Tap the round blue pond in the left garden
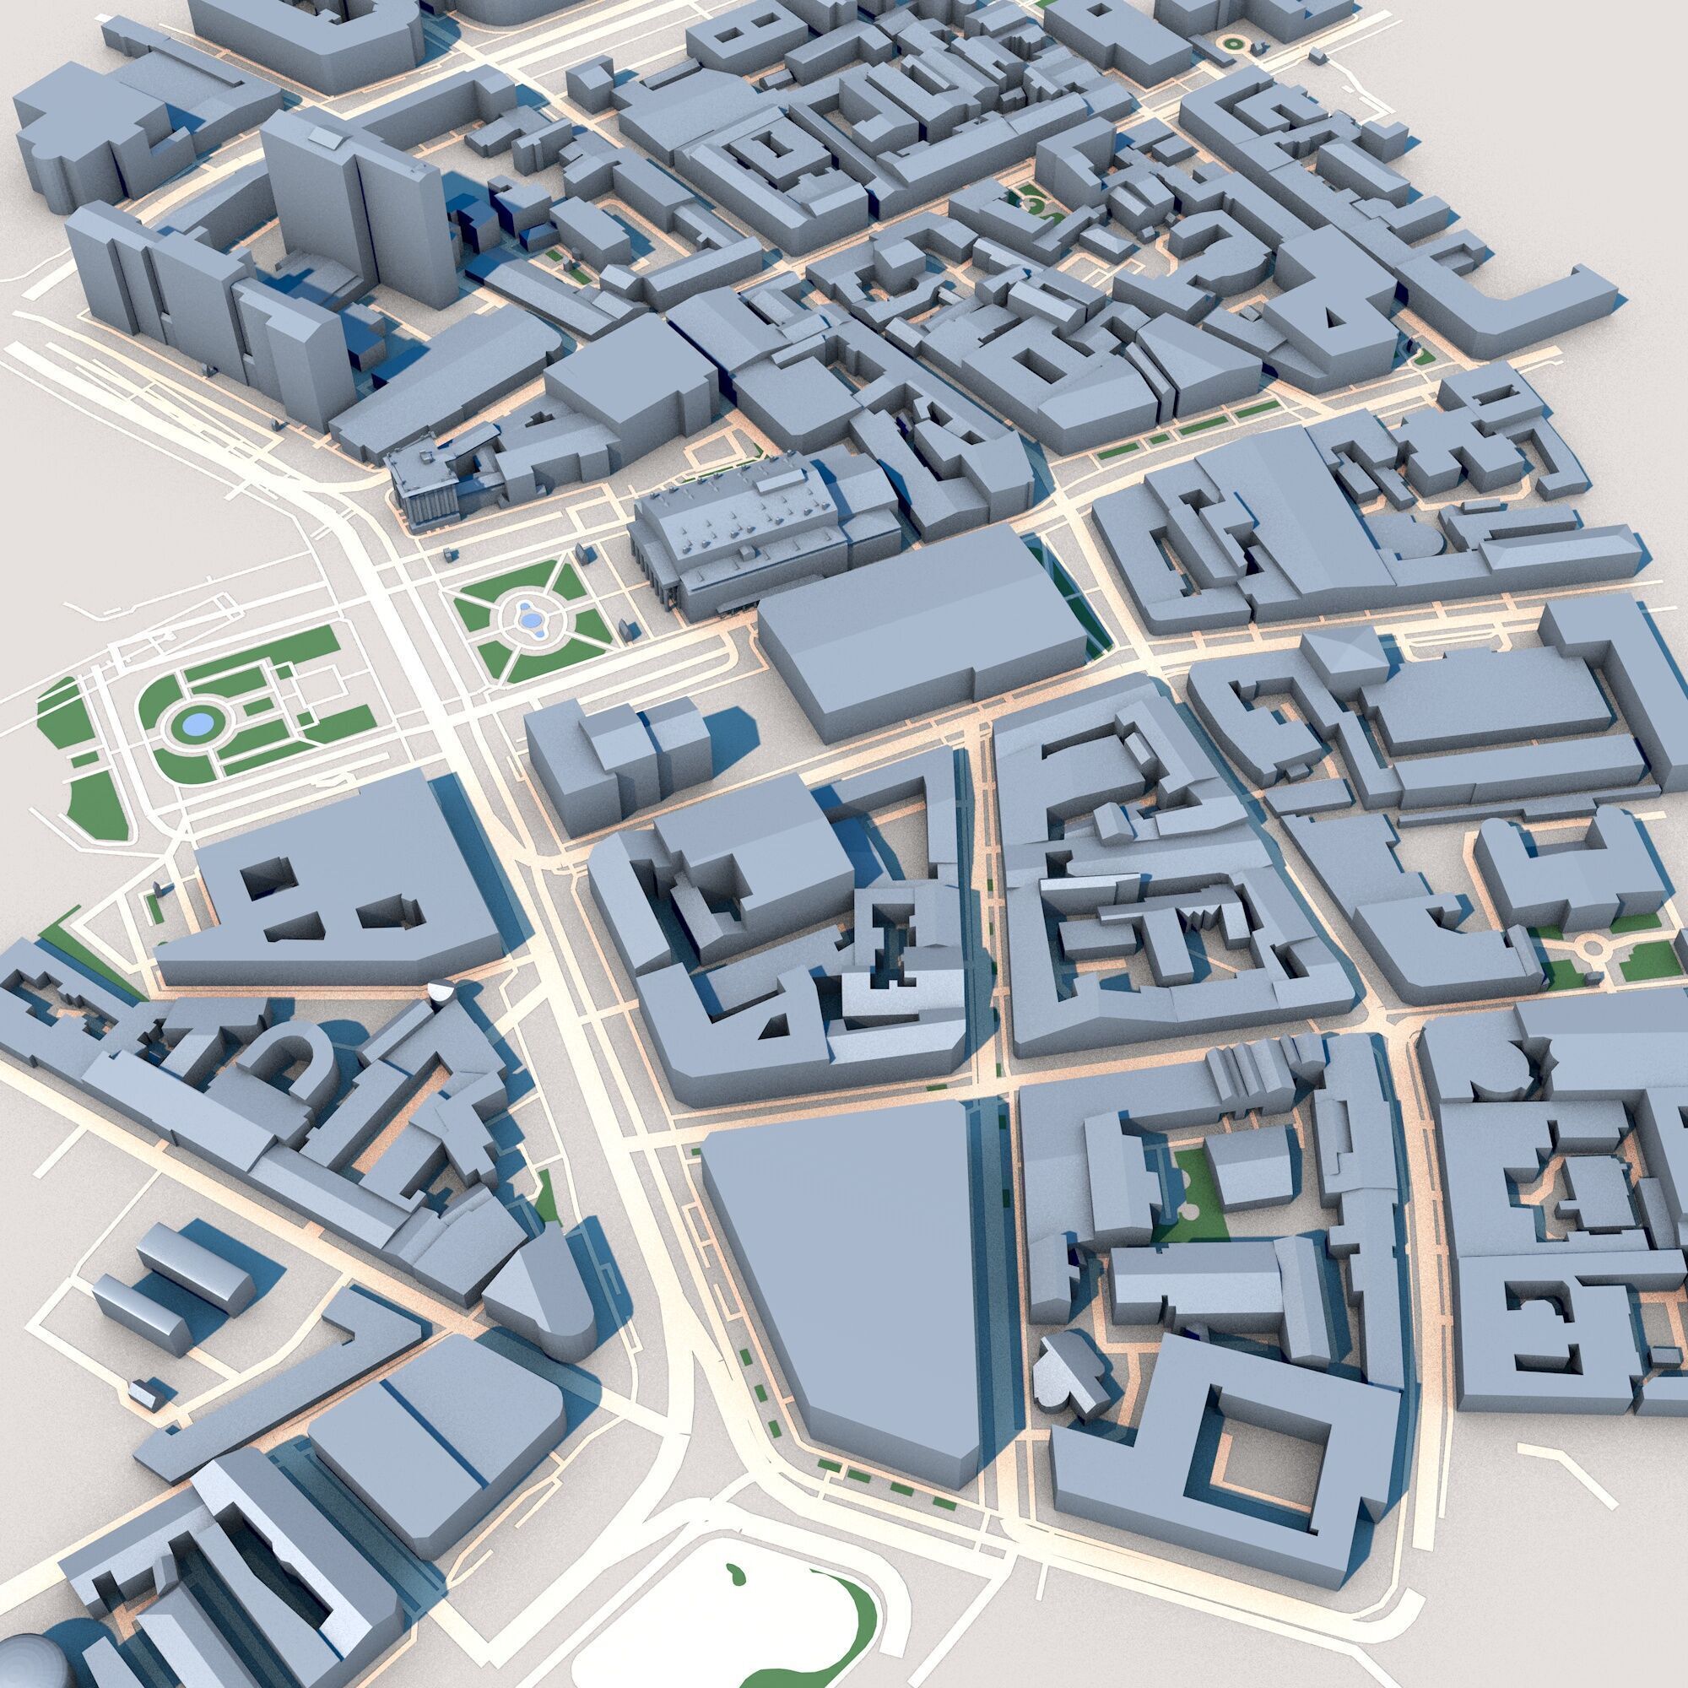[x=197, y=723]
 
